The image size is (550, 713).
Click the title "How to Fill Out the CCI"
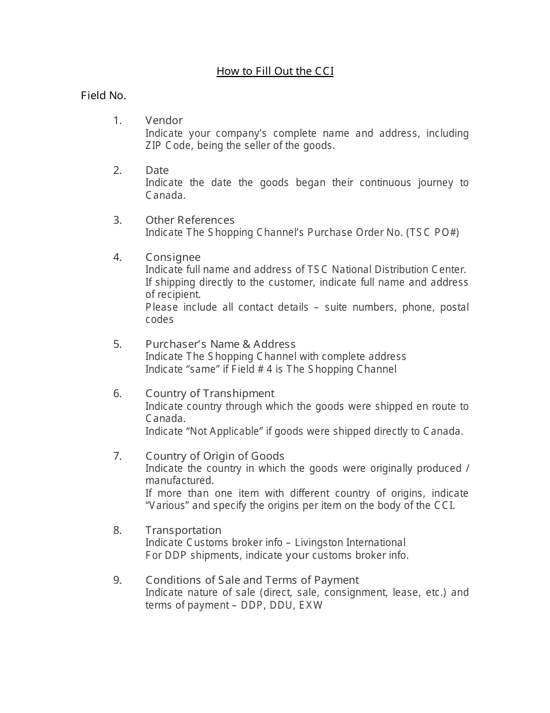(x=275, y=71)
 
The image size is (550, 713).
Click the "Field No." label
(x=104, y=96)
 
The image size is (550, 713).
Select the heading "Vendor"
(x=164, y=121)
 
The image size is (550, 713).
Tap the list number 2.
(x=118, y=170)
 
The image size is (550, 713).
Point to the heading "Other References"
(x=190, y=220)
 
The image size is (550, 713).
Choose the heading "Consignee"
(x=173, y=257)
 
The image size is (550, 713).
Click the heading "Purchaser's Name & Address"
(x=221, y=344)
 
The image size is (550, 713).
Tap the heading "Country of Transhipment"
(x=210, y=394)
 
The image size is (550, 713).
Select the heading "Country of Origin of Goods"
(x=215, y=456)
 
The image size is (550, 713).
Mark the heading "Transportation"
(x=184, y=530)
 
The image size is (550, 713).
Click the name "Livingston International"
(x=350, y=543)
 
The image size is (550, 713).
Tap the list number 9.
(x=118, y=580)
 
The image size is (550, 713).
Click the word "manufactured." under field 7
(x=179, y=481)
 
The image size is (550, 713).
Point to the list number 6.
(x=118, y=394)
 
